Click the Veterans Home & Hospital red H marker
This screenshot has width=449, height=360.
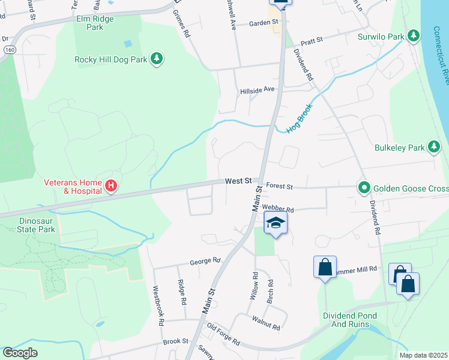point(110,186)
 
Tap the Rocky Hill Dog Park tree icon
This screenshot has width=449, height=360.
point(157,58)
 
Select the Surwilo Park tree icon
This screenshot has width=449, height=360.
point(413,37)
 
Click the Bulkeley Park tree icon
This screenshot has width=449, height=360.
point(434,146)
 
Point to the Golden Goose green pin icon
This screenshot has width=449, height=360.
point(363,188)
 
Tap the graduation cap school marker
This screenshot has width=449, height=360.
point(276,224)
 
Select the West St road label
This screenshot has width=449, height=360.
point(238,181)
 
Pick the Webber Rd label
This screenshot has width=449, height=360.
point(278,209)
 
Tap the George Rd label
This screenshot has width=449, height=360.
point(205,262)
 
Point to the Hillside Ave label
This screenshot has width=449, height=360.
point(257,90)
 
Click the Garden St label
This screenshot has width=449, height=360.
point(265,23)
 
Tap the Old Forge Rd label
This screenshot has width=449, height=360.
point(223,335)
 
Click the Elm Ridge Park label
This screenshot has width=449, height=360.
point(95,23)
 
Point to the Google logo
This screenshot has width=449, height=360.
point(20,353)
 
